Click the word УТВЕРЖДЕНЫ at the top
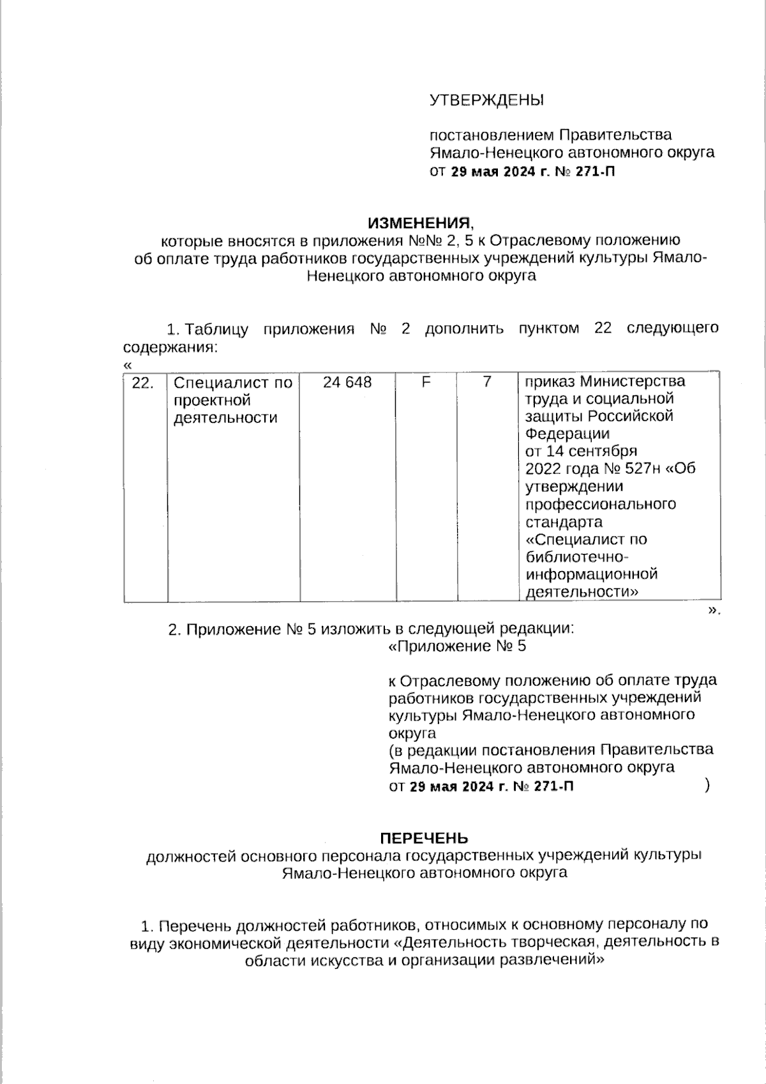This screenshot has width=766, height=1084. (486, 100)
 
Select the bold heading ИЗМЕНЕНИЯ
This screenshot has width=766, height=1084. (419, 223)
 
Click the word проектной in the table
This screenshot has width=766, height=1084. (211, 401)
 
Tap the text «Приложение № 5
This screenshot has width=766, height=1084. (457, 646)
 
